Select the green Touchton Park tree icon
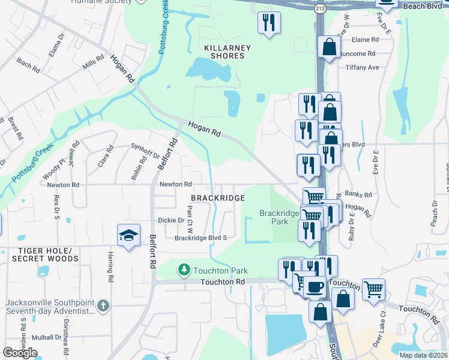click(x=184, y=271)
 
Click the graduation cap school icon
click(x=128, y=236)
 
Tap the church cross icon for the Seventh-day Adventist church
click(x=103, y=305)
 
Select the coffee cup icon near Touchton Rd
click(x=314, y=286)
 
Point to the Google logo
click(x=20, y=353)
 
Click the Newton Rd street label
click(x=175, y=184)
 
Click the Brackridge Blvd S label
click(x=200, y=238)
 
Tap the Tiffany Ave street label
click(x=362, y=67)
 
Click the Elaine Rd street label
click(x=366, y=40)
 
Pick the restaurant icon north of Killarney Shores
click(x=269, y=23)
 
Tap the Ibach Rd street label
click(x=28, y=66)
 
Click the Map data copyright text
click(x=423, y=355)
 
